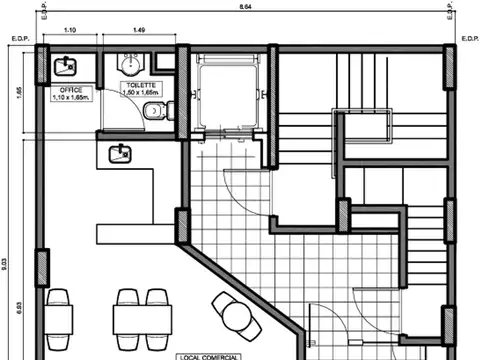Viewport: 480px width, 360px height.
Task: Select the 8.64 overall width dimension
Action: click(x=245, y=8)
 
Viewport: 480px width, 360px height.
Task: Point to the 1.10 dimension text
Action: click(x=70, y=31)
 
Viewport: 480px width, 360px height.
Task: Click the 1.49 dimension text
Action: click(x=139, y=31)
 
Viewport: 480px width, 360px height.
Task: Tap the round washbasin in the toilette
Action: click(x=129, y=63)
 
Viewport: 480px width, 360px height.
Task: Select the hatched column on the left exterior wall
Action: click(x=43, y=267)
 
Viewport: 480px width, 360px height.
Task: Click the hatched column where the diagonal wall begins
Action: click(x=183, y=225)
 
